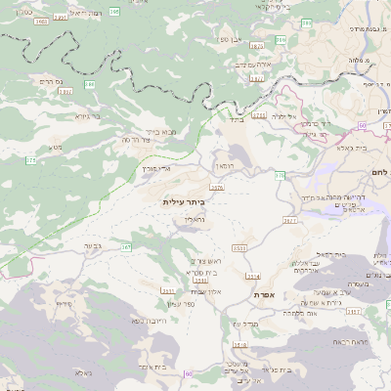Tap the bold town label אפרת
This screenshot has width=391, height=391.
pyautogui.click(x=262, y=294)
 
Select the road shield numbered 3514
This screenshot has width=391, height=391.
pyautogui.click(x=254, y=277)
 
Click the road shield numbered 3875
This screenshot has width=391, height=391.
pyautogui.click(x=216, y=187)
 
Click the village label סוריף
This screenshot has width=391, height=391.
pyautogui.click(x=65, y=304)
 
